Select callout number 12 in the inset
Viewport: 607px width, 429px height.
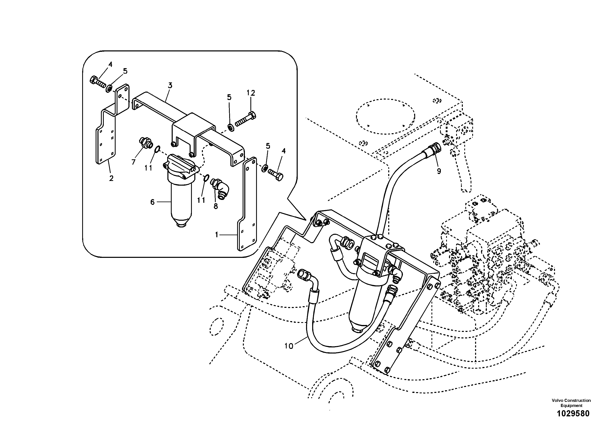(x=251, y=93)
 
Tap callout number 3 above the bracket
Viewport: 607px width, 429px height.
(x=170, y=85)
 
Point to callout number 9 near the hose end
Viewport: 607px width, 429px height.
(x=439, y=171)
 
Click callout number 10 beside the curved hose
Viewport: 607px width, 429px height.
(x=289, y=346)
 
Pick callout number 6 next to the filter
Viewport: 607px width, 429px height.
(x=152, y=202)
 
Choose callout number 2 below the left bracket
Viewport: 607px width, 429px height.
(x=111, y=178)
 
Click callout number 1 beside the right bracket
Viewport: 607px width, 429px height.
(x=217, y=235)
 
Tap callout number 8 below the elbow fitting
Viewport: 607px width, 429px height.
(x=216, y=206)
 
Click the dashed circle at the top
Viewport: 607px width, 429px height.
(x=385, y=116)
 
